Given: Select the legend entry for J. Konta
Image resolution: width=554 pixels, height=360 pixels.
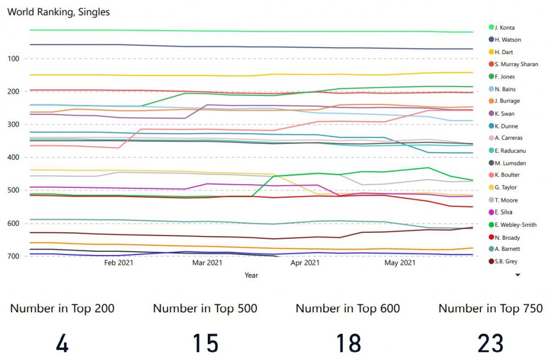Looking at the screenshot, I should coord(505,27).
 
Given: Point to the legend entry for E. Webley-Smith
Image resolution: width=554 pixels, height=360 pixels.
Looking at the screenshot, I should coord(516,224).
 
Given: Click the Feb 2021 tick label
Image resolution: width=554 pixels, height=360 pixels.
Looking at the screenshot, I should coord(118,263).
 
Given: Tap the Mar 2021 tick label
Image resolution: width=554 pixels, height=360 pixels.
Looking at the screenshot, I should coord(207,263).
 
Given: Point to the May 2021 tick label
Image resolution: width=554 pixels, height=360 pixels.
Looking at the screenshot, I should coord(399,263).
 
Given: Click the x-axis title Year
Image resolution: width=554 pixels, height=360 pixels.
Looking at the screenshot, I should coord(251,275).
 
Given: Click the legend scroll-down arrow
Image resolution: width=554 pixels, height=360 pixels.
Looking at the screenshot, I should coord(518,275).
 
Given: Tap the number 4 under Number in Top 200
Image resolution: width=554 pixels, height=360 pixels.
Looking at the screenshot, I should coord(62,343).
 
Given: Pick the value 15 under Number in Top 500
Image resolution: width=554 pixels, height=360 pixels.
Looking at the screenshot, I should coord(205,343).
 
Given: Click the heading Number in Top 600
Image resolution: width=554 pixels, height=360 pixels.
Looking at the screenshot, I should coord(348,309).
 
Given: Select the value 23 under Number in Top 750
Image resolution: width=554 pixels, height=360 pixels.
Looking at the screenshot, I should coord(490,343).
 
